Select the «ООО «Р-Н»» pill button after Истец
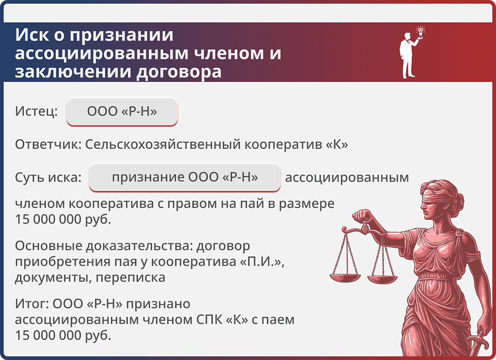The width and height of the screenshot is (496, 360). [x=122, y=112]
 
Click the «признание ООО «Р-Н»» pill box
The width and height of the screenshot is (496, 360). [x=185, y=177]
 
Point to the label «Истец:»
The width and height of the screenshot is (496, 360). [x=37, y=112]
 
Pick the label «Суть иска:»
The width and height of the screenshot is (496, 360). [x=48, y=178]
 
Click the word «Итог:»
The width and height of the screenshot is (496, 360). [x=31, y=303]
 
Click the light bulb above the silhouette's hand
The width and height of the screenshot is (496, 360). [x=421, y=31]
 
